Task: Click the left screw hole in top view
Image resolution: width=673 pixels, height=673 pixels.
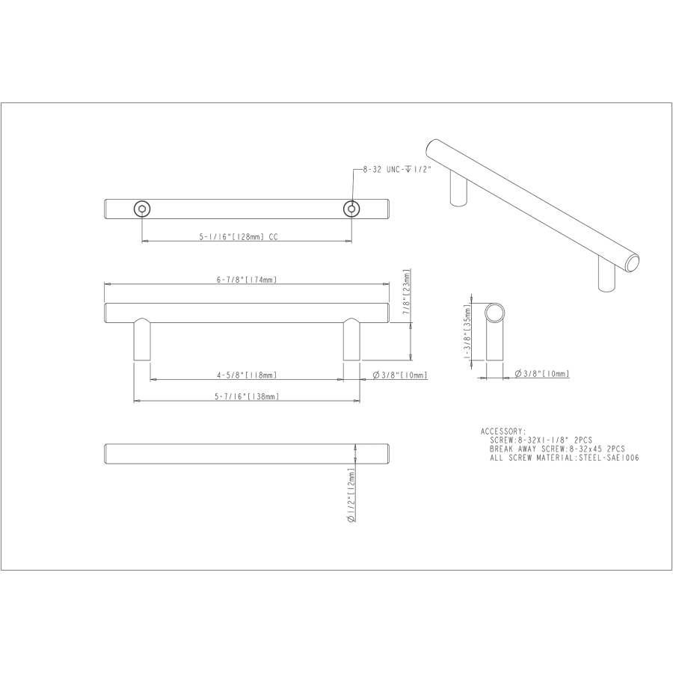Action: point(141,209)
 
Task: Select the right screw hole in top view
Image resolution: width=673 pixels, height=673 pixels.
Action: point(351,209)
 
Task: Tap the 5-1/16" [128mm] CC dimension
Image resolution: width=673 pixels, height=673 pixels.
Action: point(239,236)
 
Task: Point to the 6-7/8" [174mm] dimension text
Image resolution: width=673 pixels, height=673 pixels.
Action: point(247,280)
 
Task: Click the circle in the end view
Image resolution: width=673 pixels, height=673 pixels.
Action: point(494,311)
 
